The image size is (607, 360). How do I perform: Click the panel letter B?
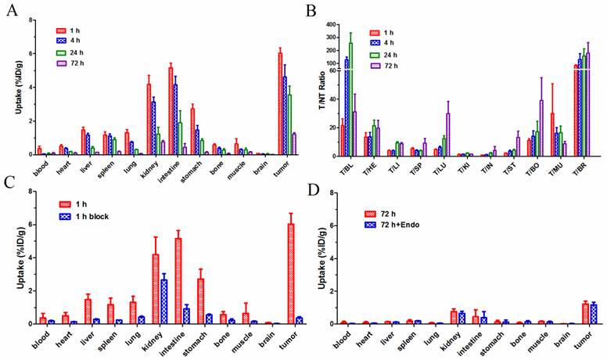[311, 11]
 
